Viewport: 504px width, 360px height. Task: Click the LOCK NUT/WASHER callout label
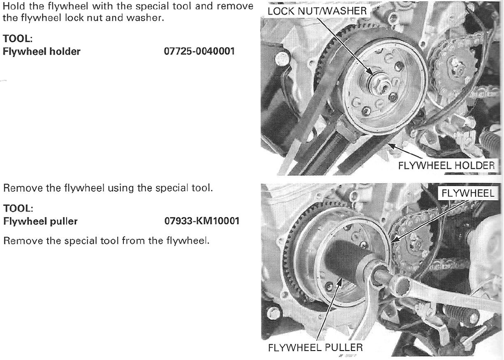(317, 11)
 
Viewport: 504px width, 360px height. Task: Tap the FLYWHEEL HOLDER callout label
(446, 166)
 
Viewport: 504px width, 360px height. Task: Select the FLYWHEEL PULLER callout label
(315, 347)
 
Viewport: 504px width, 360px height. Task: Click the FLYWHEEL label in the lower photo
(468, 193)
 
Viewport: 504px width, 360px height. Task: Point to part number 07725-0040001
(199, 51)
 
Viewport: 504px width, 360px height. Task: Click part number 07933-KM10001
(202, 221)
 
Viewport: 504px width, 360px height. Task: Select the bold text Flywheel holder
(41, 51)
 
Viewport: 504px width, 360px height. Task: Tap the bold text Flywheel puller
(40, 221)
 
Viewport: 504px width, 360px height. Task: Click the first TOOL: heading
(18, 39)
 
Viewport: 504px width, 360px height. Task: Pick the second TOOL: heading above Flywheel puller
(18, 208)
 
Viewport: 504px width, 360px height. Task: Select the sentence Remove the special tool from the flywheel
(106, 241)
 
